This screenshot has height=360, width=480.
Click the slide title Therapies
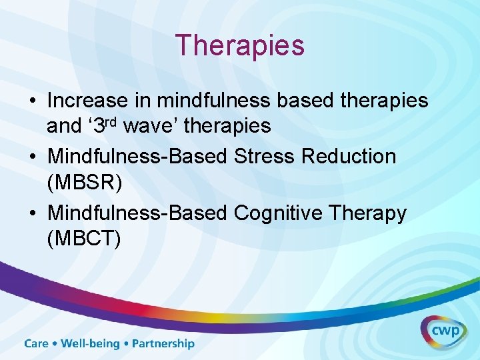(x=240, y=45)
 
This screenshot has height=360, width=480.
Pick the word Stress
(x=265, y=157)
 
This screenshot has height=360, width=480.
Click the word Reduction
(x=349, y=157)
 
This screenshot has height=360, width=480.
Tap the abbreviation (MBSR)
(x=85, y=181)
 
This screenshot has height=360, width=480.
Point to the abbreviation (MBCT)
(x=85, y=237)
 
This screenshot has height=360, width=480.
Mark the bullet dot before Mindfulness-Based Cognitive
(x=32, y=214)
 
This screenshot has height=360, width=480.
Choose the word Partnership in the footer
(x=163, y=344)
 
